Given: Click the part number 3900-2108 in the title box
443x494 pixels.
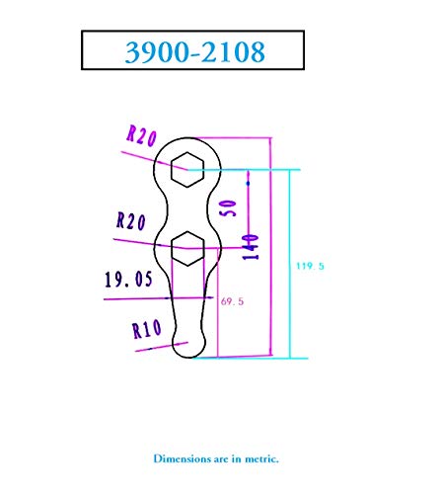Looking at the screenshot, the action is pos(195,51).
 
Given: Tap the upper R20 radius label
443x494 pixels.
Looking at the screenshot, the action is pos(142,135).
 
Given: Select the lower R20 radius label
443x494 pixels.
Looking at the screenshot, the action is pos(131,221).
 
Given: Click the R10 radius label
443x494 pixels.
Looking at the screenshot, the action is pos(147,328).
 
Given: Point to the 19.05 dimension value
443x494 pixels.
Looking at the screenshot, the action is pos(128,280).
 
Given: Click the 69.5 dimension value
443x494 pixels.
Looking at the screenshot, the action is pos(232,301).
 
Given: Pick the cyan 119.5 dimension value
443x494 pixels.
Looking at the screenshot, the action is pos(310,266).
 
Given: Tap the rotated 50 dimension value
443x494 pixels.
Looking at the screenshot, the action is pos(229,207).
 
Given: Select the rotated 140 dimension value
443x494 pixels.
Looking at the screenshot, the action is pos(251,247).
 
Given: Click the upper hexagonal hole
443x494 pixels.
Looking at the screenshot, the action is pos(187,170).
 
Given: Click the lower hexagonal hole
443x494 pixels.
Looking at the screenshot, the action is pos(187,248).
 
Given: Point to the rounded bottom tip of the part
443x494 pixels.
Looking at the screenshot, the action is pos(188,357).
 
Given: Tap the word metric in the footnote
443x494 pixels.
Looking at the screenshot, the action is pos(261,458).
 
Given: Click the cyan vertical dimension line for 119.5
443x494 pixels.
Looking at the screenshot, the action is pos(290,264).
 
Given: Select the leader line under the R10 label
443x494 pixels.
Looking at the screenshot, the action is pos(162,347).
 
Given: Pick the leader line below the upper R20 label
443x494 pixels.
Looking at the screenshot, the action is pos(154,160).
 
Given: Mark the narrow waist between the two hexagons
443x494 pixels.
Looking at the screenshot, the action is pos(187,209).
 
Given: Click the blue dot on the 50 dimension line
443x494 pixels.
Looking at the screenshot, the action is pos(248,183).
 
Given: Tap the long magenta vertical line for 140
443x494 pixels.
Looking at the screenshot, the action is pos(270,246).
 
